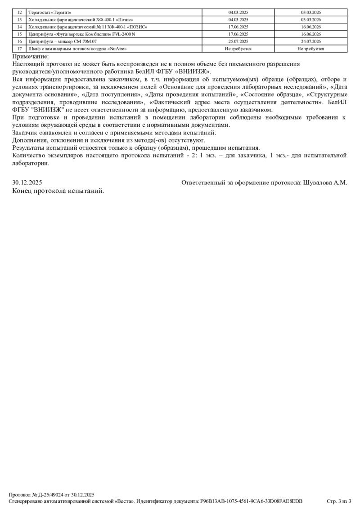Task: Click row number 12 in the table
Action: [19, 13]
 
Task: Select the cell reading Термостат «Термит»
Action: [49, 13]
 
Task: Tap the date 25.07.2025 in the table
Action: [238, 41]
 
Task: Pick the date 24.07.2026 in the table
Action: [311, 41]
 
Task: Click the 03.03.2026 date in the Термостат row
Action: [311, 13]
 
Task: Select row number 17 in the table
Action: [19, 49]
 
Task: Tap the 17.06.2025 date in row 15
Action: [238, 34]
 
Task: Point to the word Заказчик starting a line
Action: [26, 133]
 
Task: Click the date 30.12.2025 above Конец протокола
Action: [27, 183]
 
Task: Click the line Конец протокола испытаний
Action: [58, 191]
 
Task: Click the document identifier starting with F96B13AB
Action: [251, 501]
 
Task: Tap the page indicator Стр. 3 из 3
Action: [338, 501]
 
